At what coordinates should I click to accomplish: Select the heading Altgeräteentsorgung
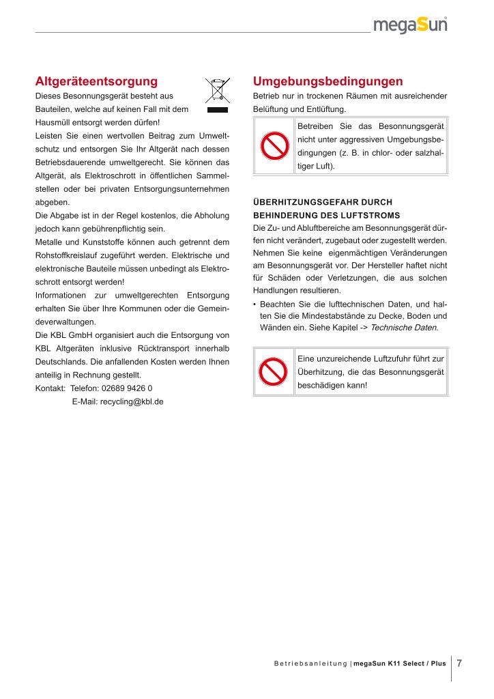96,81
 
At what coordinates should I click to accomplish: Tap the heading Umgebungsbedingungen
328,81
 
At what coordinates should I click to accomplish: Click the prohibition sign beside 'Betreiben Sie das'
274,146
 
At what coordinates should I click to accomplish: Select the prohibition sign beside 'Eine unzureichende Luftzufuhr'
274,371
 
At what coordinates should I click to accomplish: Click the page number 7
460,663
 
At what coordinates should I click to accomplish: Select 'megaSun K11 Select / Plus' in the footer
399,664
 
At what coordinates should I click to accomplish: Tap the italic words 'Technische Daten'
403,328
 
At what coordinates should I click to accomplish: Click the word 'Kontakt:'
50,388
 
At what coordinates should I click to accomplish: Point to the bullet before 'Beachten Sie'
255,304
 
